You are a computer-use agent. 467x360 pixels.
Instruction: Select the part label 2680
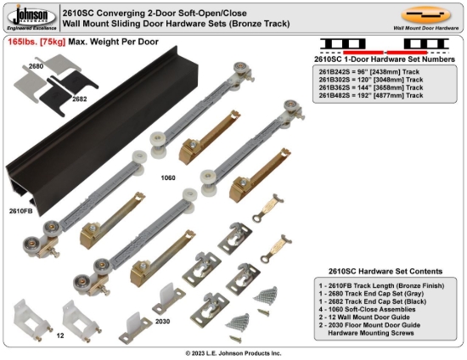pyautogui.click(x=36, y=65)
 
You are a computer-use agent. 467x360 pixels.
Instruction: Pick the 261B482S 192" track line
pyautogui.click(x=370, y=96)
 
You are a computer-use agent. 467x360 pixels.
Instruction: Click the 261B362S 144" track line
pyautogui.click(x=370, y=89)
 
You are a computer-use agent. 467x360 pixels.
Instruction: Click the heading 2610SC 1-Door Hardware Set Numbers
pyautogui.click(x=372, y=61)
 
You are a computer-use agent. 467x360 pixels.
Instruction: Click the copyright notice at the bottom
pyautogui.click(x=233, y=352)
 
